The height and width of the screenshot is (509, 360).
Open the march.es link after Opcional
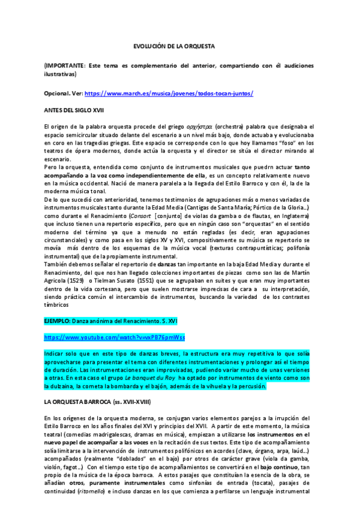[x=169, y=94]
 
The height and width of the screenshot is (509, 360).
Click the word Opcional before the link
[x=56, y=94]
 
